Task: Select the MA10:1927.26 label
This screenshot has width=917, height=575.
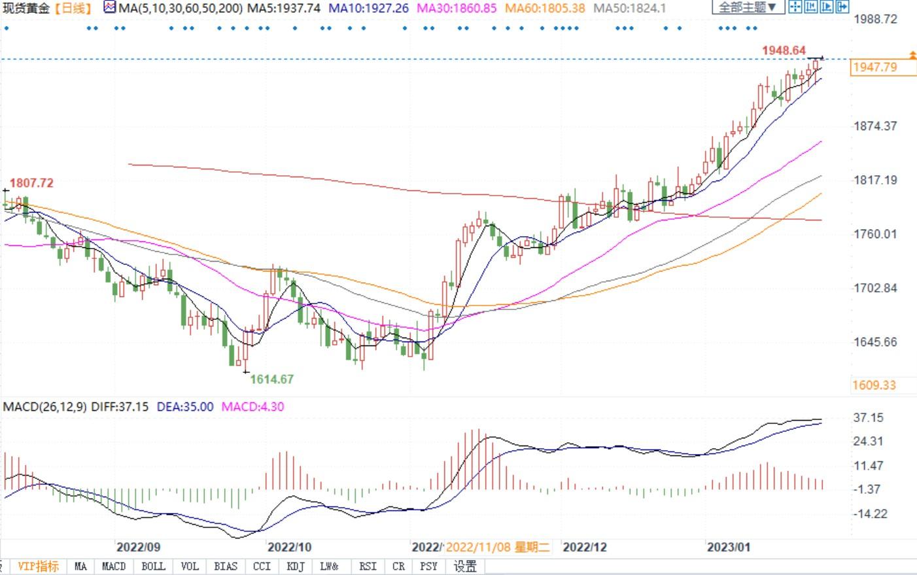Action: click(x=368, y=9)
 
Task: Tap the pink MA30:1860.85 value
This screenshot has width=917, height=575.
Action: click(x=457, y=9)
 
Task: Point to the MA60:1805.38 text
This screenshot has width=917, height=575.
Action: click(x=545, y=9)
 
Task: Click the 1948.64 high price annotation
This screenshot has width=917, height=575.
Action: click(x=784, y=50)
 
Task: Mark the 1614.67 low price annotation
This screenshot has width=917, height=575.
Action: click(x=272, y=379)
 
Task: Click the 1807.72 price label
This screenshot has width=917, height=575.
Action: click(x=31, y=183)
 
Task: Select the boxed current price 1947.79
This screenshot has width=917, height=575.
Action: click(x=875, y=67)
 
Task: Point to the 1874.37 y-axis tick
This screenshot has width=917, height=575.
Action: click(x=875, y=126)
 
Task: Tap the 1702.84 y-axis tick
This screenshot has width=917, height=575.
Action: click(x=875, y=288)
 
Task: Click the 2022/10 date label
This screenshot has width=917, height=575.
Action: click(x=290, y=547)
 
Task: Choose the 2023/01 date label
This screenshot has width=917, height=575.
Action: click(x=728, y=547)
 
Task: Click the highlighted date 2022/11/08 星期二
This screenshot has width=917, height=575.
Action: click(x=498, y=547)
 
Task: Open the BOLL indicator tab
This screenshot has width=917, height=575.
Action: click(x=153, y=566)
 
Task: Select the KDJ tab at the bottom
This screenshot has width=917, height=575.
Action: click(x=296, y=566)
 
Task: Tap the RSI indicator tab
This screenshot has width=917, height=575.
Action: click(x=368, y=566)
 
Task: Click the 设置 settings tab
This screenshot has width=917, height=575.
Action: click(x=465, y=566)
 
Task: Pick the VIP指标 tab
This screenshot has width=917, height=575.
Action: click(x=38, y=566)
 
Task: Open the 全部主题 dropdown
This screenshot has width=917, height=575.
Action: click(x=748, y=8)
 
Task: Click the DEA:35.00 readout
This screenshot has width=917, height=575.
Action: click(x=185, y=407)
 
